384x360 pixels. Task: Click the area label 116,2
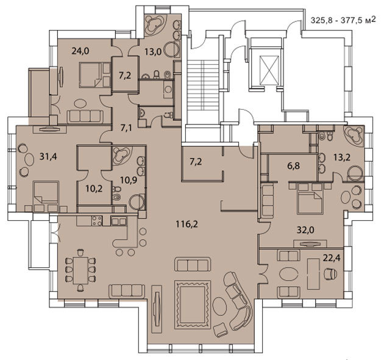tap(187, 224)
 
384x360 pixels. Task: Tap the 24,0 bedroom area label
tap(80, 51)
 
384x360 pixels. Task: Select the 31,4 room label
tap(48, 156)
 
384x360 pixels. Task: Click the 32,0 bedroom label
tap(305, 230)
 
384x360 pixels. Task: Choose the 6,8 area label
tap(293, 166)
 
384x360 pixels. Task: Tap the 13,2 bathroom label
tap(341, 157)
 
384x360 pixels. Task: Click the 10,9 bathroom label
tap(129, 181)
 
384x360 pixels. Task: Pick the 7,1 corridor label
tap(126, 128)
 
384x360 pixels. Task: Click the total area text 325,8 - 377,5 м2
tap(343, 20)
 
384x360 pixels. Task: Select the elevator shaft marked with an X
tap(269, 70)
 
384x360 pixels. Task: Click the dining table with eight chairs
tap(80, 270)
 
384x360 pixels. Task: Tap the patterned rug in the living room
tap(193, 304)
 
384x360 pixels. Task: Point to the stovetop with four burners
tap(97, 220)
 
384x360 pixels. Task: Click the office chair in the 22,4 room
tap(330, 273)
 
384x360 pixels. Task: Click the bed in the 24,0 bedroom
tap(91, 74)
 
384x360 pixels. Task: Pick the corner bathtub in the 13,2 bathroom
tap(354, 135)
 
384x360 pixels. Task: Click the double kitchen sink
tap(119, 221)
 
